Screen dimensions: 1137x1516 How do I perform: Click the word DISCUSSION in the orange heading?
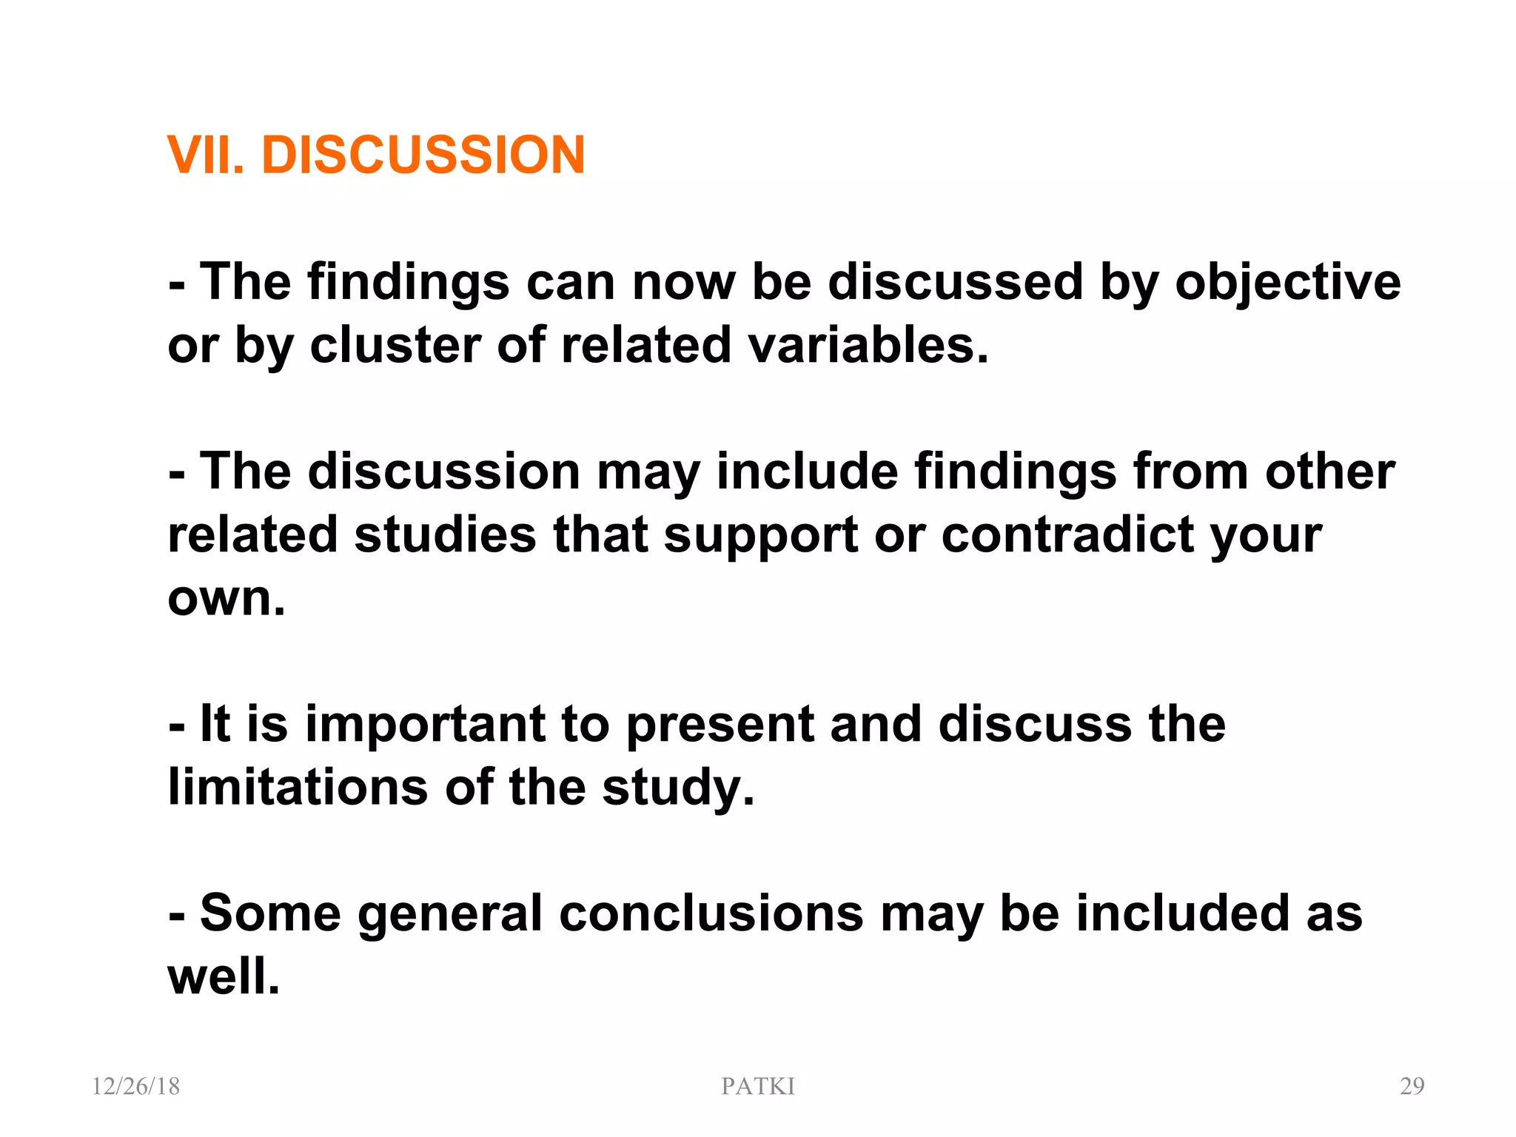423,155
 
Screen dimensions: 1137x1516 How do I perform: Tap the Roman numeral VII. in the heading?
205,155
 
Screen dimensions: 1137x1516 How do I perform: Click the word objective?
1288,283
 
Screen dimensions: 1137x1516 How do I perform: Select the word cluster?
395,346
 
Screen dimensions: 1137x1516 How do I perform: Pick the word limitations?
298,787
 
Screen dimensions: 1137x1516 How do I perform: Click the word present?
720,725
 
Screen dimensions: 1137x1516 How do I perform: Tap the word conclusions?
711,913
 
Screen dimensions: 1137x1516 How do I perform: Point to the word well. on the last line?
224,976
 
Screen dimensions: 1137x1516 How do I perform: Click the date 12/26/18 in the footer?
135,1086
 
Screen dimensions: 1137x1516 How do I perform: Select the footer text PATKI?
758,1086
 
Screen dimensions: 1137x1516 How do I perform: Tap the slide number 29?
1412,1086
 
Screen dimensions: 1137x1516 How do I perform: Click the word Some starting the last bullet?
270,913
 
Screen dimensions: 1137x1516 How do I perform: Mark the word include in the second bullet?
807,472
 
